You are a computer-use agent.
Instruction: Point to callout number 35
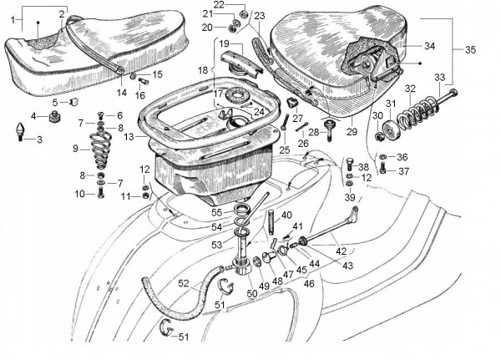471,50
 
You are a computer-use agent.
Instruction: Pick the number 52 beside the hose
182,282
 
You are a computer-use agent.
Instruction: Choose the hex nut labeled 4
52,116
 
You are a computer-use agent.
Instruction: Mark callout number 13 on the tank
128,136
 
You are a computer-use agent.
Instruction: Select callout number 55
217,213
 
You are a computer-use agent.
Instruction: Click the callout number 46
310,284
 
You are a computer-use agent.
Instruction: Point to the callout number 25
285,150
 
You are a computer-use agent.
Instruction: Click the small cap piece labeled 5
72,101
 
